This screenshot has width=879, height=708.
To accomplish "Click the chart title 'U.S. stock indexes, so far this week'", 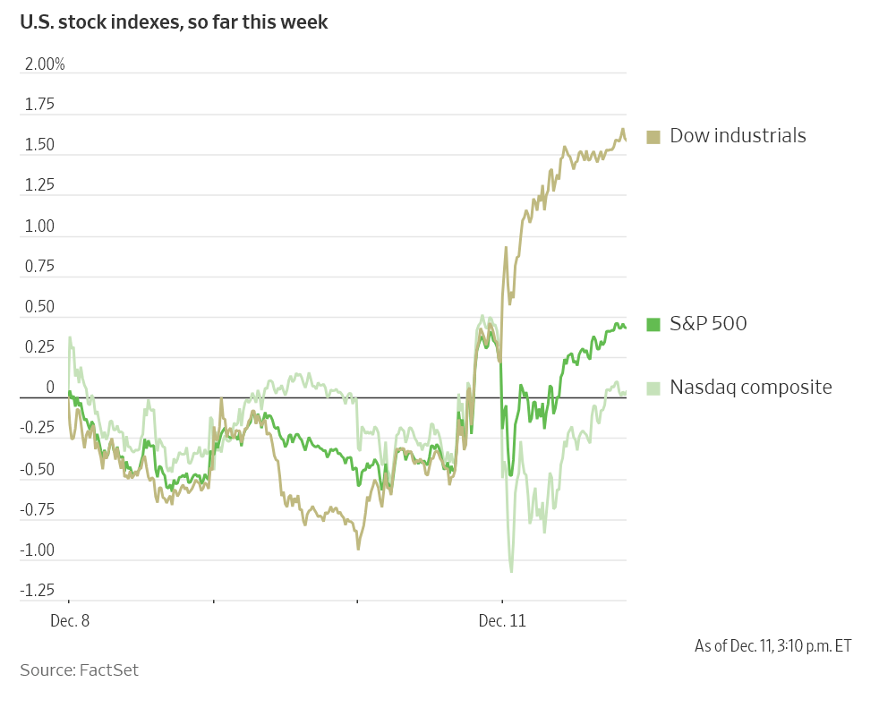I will pos(174,22).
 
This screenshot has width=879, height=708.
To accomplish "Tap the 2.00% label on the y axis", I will pos(45,64).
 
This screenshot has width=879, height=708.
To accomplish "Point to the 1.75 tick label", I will pos(39,105).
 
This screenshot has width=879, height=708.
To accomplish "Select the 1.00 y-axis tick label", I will pos(39,226).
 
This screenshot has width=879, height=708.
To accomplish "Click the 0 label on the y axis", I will pos(50,387).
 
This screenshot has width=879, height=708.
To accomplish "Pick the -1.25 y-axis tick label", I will pos(38,591).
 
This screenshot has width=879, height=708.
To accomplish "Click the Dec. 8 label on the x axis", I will pos(70,620).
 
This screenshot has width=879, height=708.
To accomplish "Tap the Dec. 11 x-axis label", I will pos(502,620).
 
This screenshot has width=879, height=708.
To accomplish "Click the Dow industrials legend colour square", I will pos(653,137).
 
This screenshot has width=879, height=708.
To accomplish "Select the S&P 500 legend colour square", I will pos(653,324).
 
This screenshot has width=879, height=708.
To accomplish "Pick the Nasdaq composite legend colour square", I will pos(653,388).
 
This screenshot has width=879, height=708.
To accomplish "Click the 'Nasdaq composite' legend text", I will pos(751,388).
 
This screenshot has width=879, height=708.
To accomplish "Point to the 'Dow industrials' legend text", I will pos(738,136).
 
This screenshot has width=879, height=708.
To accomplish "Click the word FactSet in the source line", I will pos(108,670).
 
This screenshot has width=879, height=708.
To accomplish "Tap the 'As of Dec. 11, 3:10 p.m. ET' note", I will pos(772,645).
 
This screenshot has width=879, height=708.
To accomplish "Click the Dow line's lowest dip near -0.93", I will pos(358,548).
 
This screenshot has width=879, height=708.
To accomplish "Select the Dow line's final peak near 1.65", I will pos(623,130).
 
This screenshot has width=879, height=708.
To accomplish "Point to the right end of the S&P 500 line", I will pos(625,328).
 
